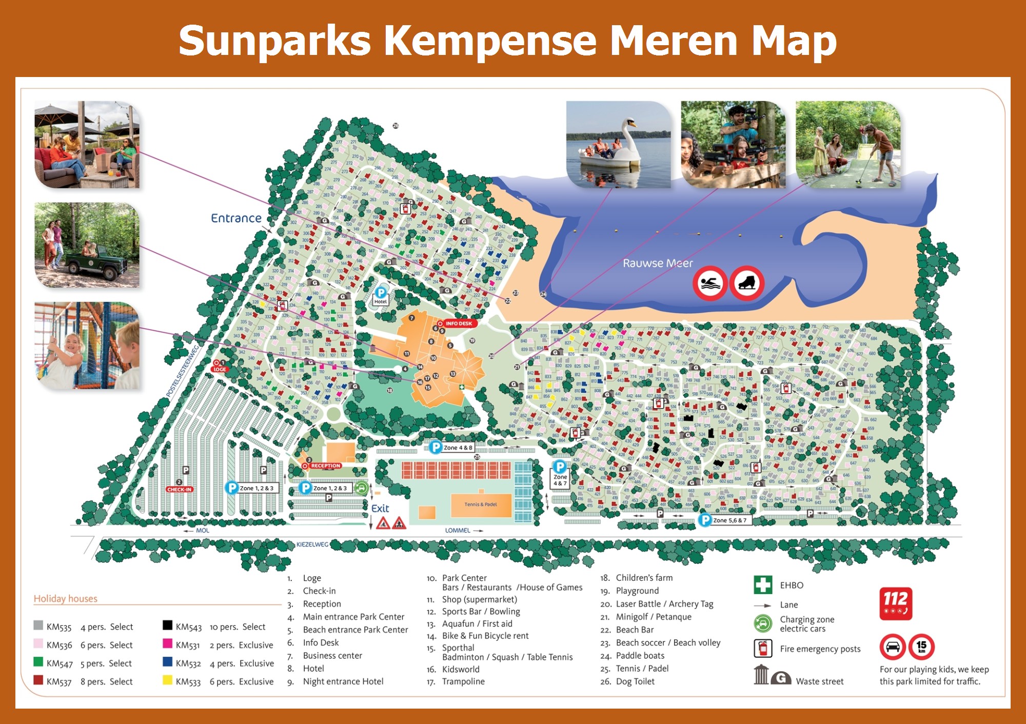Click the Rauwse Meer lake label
tap(658, 263)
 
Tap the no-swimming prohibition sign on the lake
tap(710, 283)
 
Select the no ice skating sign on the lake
tap(747, 283)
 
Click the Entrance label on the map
tap(236, 218)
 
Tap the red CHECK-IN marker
tap(179, 489)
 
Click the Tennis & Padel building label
tap(481, 504)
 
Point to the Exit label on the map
tap(380, 508)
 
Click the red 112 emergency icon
tap(896, 603)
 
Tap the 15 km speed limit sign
tap(921, 647)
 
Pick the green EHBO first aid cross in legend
tap(763, 585)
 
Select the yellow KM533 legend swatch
tap(167, 680)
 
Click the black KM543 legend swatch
tap(167, 625)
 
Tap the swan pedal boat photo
tap(618, 145)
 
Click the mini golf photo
tap(848, 145)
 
